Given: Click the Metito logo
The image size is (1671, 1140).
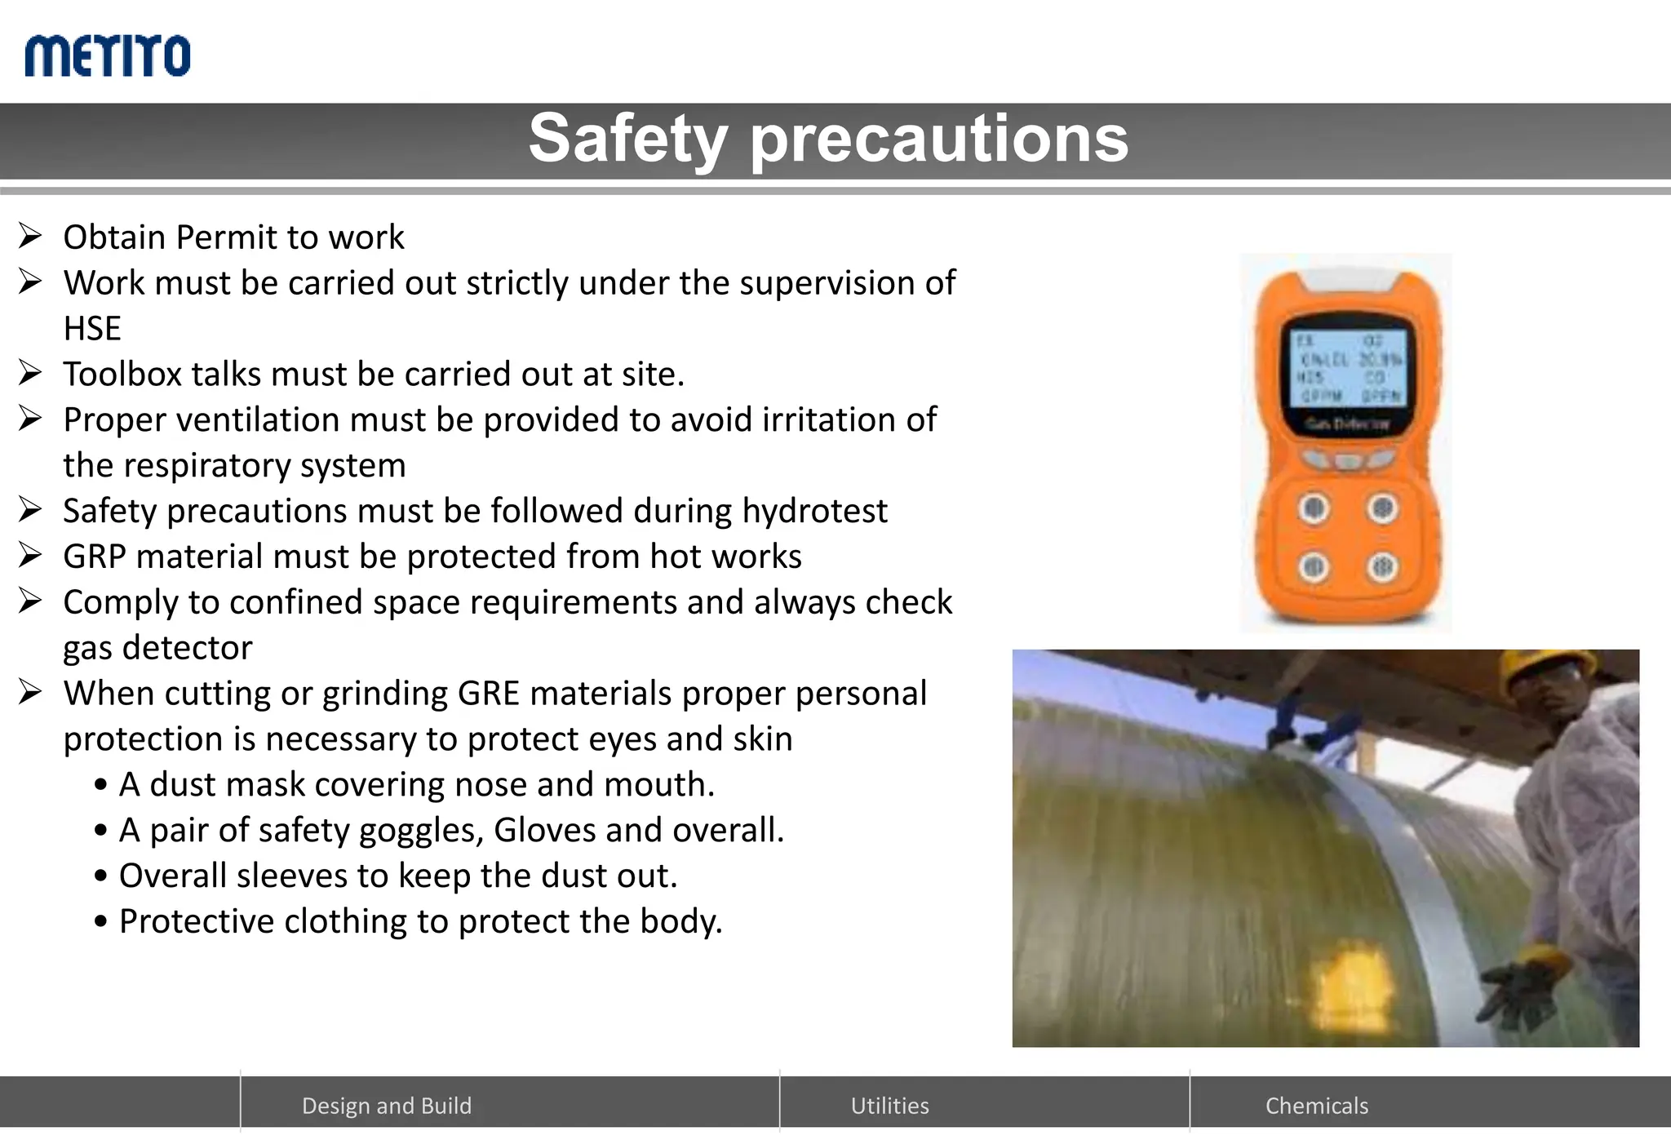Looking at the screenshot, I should click(108, 55).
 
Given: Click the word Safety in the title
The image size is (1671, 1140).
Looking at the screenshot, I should click(627, 139).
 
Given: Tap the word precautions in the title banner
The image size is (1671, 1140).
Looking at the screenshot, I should click(939, 139).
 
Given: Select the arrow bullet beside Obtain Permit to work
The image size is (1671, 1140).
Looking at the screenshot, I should click(30, 237).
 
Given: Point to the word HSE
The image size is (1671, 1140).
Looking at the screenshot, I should click(92, 329).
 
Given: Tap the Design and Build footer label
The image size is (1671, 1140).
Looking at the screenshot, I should click(387, 1106).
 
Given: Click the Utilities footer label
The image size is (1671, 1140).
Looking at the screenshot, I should click(889, 1106).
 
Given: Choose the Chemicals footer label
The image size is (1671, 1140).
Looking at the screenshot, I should click(1316, 1106).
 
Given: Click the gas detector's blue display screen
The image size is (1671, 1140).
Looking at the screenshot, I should click(1350, 368).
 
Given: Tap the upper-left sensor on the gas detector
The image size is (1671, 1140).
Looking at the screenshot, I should click(1314, 508).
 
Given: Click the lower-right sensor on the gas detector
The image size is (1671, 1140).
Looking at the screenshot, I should click(1381, 566).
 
